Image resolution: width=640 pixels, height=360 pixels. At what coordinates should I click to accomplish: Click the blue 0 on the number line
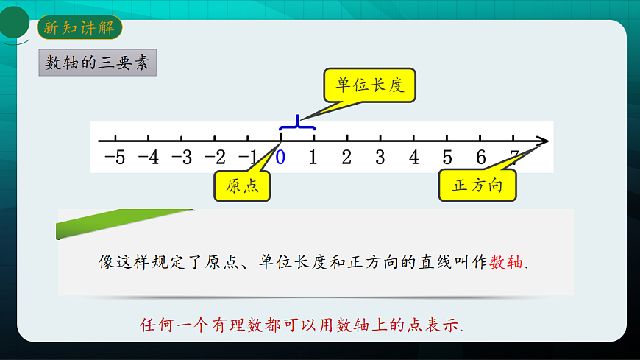click(x=280, y=157)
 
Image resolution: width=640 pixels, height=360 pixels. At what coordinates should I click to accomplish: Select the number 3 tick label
click(x=380, y=157)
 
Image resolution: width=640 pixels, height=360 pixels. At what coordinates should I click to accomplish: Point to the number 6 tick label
click(x=480, y=157)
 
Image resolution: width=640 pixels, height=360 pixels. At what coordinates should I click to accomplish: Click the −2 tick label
click(x=215, y=157)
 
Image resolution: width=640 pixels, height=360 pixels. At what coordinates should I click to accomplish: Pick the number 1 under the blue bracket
click(x=313, y=157)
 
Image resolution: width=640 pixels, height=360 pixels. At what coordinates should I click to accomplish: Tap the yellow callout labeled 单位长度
click(x=370, y=85)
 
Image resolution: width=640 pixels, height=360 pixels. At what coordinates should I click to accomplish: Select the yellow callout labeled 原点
click(x=242, y=186)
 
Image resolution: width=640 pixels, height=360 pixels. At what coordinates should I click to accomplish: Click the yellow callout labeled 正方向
click(x=477, y=186)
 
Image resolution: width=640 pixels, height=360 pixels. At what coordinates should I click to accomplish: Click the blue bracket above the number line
click(x=298, y=124)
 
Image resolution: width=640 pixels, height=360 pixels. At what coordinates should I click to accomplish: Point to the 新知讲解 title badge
click(x=79, y=28)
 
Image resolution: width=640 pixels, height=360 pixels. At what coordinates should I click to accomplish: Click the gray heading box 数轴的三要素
click(x=97, y=63)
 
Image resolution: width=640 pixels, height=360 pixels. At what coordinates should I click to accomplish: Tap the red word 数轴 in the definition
click(x=507, y=261)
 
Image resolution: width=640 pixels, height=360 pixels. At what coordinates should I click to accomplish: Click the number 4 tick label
click(x=414, y=157)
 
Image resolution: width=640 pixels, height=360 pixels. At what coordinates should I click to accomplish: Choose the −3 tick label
click(x=182, y=157)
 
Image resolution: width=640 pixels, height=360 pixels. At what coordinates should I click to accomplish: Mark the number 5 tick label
click(x=447, y=157)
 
